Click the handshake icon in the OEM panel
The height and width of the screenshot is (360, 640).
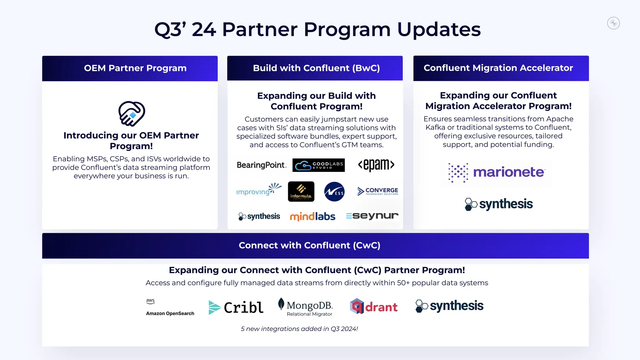132,114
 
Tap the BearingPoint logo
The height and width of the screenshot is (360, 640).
262,165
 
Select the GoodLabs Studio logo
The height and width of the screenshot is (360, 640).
318,165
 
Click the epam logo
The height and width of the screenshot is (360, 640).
376,165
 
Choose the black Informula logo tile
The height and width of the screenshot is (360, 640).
301,192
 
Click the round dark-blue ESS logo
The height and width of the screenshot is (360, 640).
334,192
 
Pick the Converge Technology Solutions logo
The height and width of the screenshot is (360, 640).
377,191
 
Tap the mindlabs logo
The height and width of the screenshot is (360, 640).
312,216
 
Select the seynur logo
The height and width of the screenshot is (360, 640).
372,216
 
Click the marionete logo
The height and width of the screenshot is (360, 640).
497,172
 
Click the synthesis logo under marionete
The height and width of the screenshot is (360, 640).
499,204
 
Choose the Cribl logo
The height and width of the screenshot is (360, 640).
236,307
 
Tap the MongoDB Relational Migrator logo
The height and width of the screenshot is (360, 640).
306,307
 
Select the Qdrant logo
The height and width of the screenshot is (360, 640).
374,306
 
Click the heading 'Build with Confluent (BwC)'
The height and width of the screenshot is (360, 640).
316,68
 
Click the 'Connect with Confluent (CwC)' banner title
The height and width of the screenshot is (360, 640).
309,245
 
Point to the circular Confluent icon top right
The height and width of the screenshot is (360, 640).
613,23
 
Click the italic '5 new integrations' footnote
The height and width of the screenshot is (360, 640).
299,329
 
